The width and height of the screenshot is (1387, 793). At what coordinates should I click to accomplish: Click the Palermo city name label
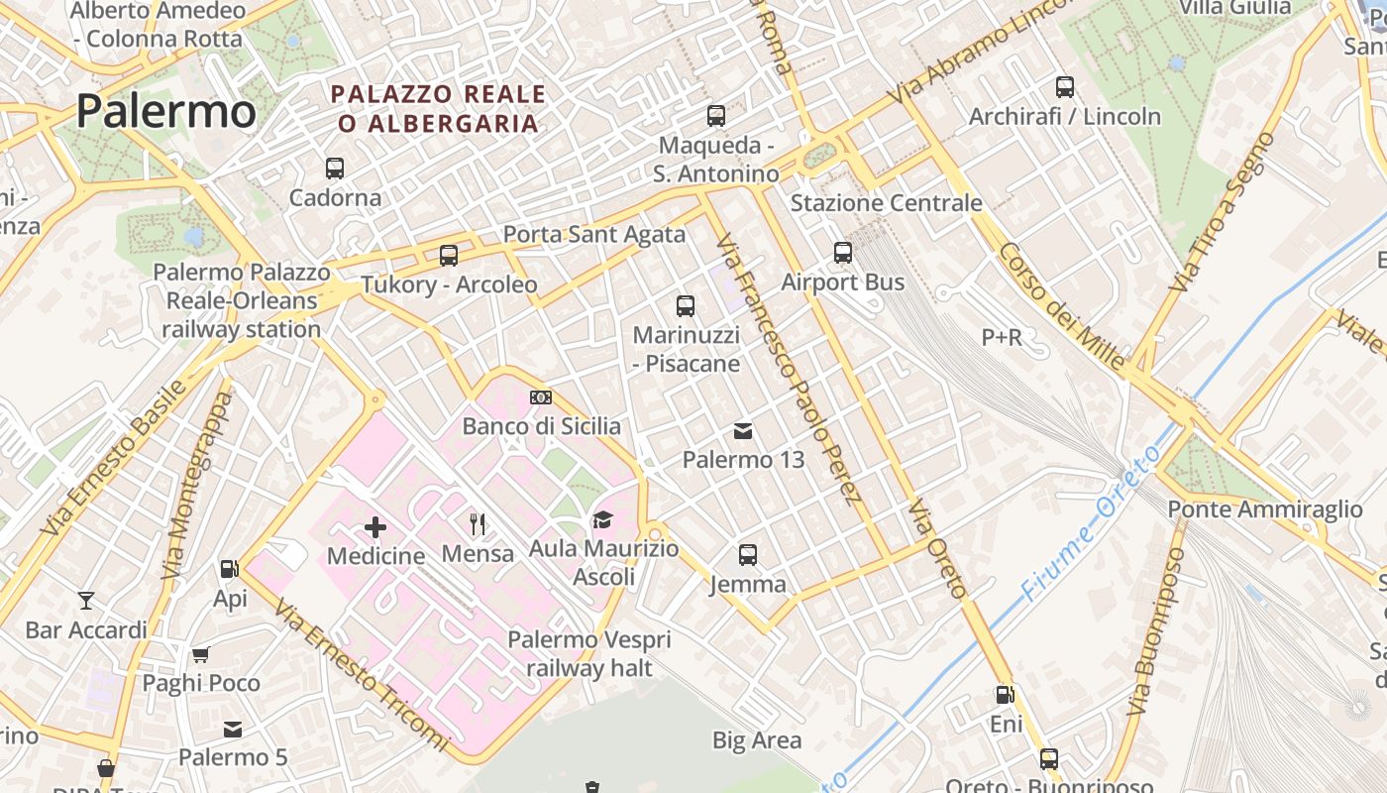tap(165, 111)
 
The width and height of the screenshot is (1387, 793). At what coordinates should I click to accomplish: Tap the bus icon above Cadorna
tap(335, 169)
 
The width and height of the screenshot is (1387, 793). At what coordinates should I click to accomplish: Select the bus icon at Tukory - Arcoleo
tap(449, 256)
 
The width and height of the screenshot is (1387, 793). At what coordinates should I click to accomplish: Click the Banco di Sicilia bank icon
tap(541, 397)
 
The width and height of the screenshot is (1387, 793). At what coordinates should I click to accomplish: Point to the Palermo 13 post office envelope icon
tap(743, 431)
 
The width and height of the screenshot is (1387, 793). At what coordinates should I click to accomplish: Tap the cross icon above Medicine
tap(375, 527)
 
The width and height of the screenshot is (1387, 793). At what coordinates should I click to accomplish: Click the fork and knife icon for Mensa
tap(478, 523)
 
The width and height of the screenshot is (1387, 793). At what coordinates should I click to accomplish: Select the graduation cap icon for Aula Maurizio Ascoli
tap(602, 519)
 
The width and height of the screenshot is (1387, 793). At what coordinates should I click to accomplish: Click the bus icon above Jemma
tap(748, 555)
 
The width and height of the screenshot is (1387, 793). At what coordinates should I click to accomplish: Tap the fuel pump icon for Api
tap(230, 569)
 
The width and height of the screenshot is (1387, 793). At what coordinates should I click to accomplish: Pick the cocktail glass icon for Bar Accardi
tap(86, 600)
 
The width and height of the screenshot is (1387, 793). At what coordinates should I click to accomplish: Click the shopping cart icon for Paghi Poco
tap(201, 654)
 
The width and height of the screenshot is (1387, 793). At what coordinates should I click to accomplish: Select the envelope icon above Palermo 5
tap(233, 730)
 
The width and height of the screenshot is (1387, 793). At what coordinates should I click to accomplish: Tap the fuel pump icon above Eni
tap(1006, 695)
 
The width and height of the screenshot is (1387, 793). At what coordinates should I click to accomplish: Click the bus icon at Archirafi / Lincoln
tap(1065, 87)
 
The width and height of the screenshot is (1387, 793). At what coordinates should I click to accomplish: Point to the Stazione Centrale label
tap(886, 203)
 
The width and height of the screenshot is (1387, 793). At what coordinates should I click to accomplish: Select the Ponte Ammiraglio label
tap(1265, 510)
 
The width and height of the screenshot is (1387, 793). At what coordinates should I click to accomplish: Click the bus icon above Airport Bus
tap(843, 253)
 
